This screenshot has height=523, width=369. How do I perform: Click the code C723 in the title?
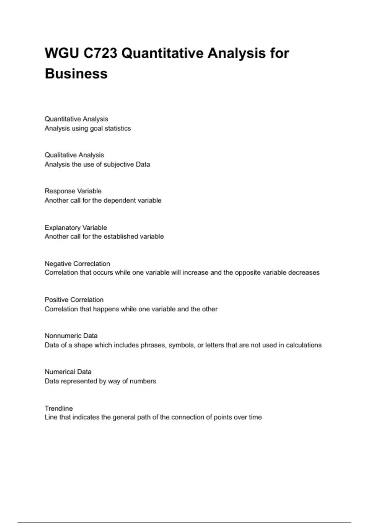pos(100,53)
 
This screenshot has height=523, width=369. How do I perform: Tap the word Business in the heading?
pos(76,74)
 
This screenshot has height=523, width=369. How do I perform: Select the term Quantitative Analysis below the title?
pos(76,119)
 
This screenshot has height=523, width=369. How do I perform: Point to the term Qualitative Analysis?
pos(74,155)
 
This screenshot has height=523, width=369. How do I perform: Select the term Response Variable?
pos(73,191)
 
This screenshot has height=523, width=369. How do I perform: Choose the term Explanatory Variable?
pos(76,228)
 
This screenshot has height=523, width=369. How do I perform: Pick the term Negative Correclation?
pos(77,264)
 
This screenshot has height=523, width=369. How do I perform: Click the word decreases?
pos(304,272)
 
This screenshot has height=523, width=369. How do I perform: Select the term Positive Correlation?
pos(74,300)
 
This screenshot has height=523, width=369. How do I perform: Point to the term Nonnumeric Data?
pos(71,336)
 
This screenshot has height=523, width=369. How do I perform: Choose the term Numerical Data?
pos(68,372)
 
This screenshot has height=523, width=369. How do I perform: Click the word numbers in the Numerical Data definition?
pos(143,381)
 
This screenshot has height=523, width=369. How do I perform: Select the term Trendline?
pos(59,408)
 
